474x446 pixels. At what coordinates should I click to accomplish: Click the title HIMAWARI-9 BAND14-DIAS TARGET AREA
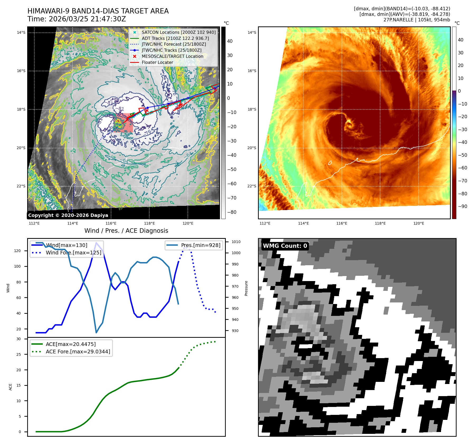98,11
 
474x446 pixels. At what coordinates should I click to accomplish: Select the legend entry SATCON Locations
179,32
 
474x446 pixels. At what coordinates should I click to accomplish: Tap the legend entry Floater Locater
157,62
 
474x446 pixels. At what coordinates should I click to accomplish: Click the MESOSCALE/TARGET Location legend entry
172,56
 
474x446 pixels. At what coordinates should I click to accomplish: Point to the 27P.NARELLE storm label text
398,20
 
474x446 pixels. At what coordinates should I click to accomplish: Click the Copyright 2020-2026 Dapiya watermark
68,215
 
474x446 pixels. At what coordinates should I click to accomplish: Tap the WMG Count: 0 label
285,246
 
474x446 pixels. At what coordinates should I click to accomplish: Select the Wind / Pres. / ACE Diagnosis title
126,231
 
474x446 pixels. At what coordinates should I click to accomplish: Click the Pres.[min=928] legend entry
200,245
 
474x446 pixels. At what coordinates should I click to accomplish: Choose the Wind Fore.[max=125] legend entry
73,253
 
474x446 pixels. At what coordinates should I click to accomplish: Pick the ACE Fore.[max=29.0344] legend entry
78,352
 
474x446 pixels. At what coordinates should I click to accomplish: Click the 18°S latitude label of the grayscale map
21,109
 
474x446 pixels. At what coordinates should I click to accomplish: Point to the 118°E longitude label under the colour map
380,223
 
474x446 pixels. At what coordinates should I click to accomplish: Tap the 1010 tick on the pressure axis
236,242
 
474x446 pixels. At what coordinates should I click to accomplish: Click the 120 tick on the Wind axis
17,251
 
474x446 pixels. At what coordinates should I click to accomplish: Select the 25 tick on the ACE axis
18,354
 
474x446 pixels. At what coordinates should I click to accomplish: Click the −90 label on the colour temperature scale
462,206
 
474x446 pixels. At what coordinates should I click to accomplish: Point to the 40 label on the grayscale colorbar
230,41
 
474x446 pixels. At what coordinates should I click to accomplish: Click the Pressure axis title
246,288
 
